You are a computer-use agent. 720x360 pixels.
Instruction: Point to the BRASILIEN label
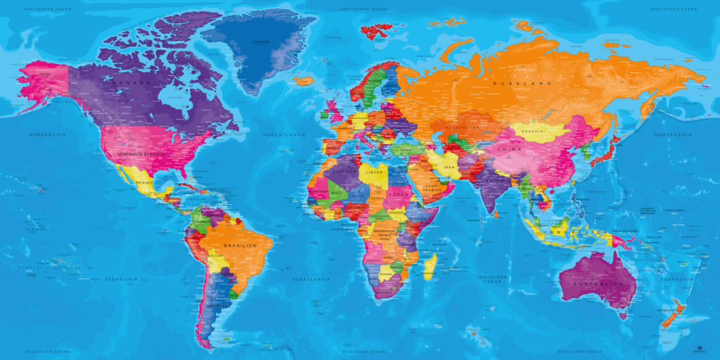[238, 245]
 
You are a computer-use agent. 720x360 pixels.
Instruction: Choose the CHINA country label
[508, 150]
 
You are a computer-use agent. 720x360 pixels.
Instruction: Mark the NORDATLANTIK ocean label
[281, 134]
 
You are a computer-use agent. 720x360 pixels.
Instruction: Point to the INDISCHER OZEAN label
[492, 279]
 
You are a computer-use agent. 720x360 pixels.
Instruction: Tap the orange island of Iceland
[304, 81]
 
